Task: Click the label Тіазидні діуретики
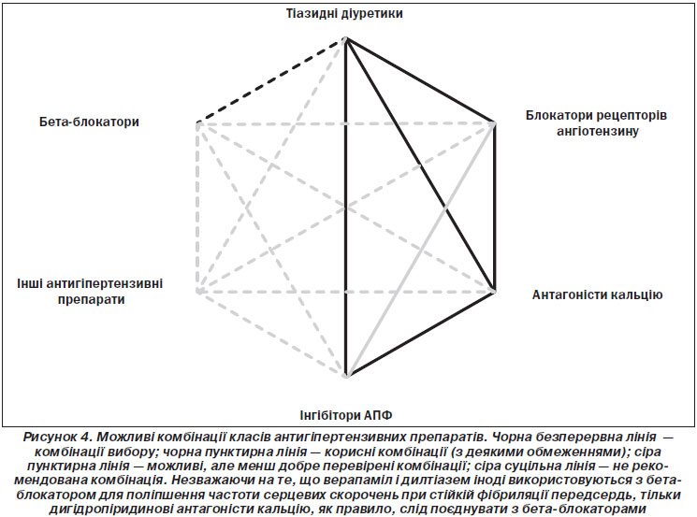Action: pos(344,13)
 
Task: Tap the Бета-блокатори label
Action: pos(89,122)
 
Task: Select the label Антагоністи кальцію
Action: pos(597,294)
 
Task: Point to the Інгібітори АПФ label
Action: pos(346,415)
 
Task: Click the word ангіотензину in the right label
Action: pos(598,132)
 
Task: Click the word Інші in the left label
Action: pos(29,283)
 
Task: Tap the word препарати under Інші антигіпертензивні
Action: pos(91,299)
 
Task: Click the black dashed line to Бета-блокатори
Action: pos(270,80)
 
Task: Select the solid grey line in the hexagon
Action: pos(420,250)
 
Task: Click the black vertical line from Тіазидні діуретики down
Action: pos(346,208)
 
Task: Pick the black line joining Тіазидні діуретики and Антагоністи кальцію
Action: pos(420,165)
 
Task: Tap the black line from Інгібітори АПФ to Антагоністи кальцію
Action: pos(420,334)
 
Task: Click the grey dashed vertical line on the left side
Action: pos(197,207)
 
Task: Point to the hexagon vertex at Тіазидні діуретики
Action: pos(345,40)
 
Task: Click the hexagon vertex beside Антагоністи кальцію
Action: pos(493,292)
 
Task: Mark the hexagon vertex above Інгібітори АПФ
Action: pos(346,375)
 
